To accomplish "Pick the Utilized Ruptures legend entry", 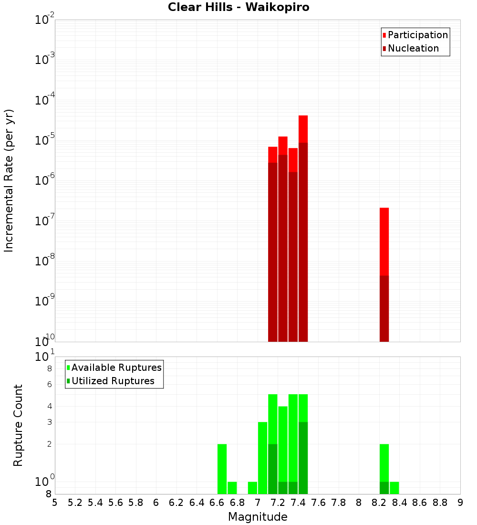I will tap(113, 381).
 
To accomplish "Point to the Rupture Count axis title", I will tap(18, 425).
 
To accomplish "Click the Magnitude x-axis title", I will tap(258, 517).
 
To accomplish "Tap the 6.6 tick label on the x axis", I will tap(217, 503).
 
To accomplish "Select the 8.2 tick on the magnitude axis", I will tap(379, 503).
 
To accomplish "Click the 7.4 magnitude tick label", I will tap(298, 503).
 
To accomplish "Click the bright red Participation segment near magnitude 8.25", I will tap(384, 241).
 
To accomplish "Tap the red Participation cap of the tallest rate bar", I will tap(303, 129).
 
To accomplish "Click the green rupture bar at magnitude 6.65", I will tap(222, 469).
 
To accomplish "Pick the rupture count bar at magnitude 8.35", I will tap(394, 488).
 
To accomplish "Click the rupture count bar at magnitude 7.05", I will tap(262, 458).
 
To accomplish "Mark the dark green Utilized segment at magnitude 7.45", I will tap(303, 458).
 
